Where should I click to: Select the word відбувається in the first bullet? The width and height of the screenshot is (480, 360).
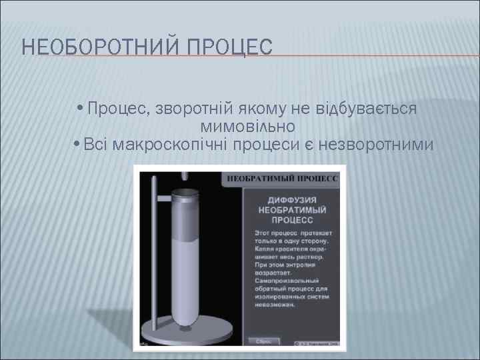pos(370,109)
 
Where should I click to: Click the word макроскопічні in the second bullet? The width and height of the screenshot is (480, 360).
pos(175,144)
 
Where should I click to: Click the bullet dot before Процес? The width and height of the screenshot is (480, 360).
pos(80,109)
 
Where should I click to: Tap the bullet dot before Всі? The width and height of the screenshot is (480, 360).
pos(78,145)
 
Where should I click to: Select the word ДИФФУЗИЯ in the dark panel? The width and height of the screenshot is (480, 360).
pos(292,200)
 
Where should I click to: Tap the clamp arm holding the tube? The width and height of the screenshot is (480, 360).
pos(163,199)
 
